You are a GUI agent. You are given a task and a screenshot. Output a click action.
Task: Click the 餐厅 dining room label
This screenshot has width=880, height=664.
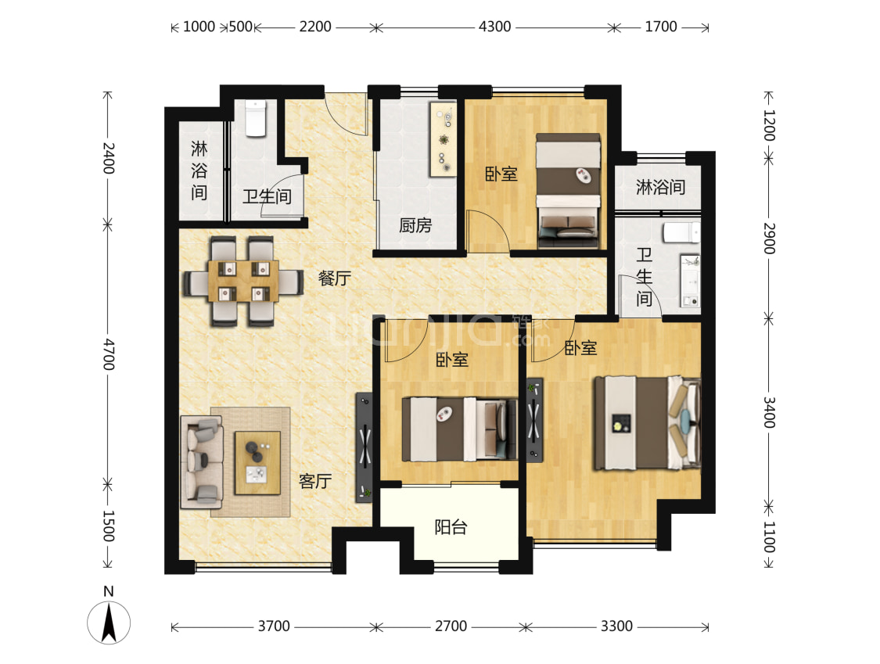coord(335,278)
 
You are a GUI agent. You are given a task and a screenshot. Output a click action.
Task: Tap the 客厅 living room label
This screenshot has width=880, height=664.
coord(315,481)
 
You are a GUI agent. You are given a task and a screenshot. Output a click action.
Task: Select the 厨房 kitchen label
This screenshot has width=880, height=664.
coord(415,225)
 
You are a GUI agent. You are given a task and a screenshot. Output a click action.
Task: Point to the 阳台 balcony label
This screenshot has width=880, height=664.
coord(451,527)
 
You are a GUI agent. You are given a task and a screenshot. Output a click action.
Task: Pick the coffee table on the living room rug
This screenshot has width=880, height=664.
coord(257,463)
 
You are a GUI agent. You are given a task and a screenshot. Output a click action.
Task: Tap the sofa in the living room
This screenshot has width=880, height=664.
coord(202,462)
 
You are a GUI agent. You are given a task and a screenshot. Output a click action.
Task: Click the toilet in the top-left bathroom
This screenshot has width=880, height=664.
coord(256,118)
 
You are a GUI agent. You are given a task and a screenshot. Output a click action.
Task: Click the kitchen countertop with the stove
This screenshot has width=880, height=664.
coord(444,139)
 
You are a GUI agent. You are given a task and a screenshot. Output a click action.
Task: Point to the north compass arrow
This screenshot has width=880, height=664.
coord(109,622)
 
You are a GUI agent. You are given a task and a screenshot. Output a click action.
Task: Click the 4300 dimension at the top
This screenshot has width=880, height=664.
coord(494,27)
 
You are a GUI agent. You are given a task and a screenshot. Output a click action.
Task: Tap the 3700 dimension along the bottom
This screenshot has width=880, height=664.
coord(274,626)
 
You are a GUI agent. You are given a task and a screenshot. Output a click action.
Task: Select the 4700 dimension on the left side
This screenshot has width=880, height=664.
coord(108,354)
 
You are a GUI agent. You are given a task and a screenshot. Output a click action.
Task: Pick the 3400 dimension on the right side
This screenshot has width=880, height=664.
coord(769,412)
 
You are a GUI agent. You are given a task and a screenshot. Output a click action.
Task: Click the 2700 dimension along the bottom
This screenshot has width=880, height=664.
coord(451,626)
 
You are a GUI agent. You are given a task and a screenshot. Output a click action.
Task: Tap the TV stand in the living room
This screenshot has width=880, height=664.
coord(365,447)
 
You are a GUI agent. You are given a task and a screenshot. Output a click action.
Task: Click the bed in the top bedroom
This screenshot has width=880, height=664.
coord(568,191)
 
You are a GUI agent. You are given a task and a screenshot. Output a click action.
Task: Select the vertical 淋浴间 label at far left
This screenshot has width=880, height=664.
coord(199,170)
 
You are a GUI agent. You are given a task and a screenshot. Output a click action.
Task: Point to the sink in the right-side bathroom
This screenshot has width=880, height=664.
coord(690,281)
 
